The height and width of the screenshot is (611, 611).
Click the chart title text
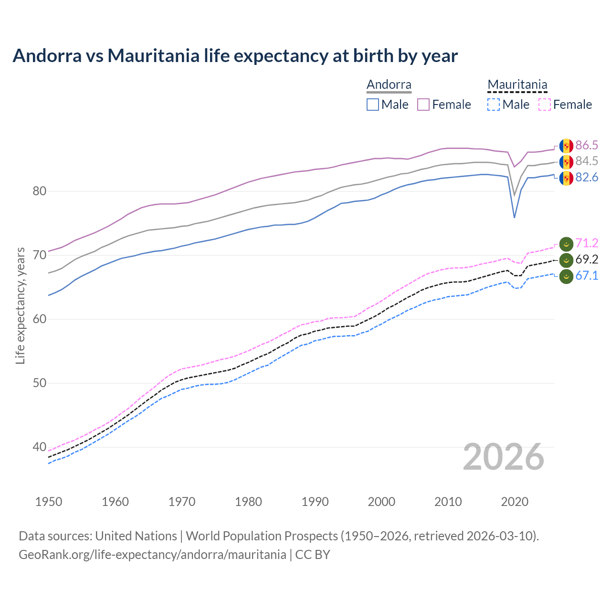click(235, 56)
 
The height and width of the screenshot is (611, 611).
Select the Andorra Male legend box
click(373, 105)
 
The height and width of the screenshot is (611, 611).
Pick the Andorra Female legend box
click(423, 105)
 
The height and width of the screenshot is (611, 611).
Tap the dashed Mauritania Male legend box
click(494, 105)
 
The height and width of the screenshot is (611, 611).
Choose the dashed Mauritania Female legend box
click(545, 105)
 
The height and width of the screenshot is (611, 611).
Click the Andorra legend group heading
click(389, 85)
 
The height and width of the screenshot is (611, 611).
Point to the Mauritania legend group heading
click(517, 85)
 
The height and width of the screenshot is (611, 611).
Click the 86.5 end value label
click(587, 145)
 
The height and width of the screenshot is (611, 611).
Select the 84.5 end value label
click(587, 161)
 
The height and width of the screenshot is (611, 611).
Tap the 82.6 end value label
click(587, 178)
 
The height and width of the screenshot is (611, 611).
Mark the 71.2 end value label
click(587, 243)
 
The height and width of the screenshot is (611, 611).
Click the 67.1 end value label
click(587, 275)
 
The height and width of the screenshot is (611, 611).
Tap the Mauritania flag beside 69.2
click(566, 260)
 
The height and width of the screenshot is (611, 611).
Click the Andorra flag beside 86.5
click(566, 146)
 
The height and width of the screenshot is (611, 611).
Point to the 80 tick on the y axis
click(40, 191)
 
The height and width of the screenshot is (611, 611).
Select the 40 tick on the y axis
click(40, 447)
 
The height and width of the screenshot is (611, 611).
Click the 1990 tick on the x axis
click(315, 502)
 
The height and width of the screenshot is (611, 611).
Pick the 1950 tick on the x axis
click(49, 502)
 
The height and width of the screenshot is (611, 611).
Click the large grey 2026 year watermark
click(504, 457)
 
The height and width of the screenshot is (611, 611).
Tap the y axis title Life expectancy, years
click(20, 305)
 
